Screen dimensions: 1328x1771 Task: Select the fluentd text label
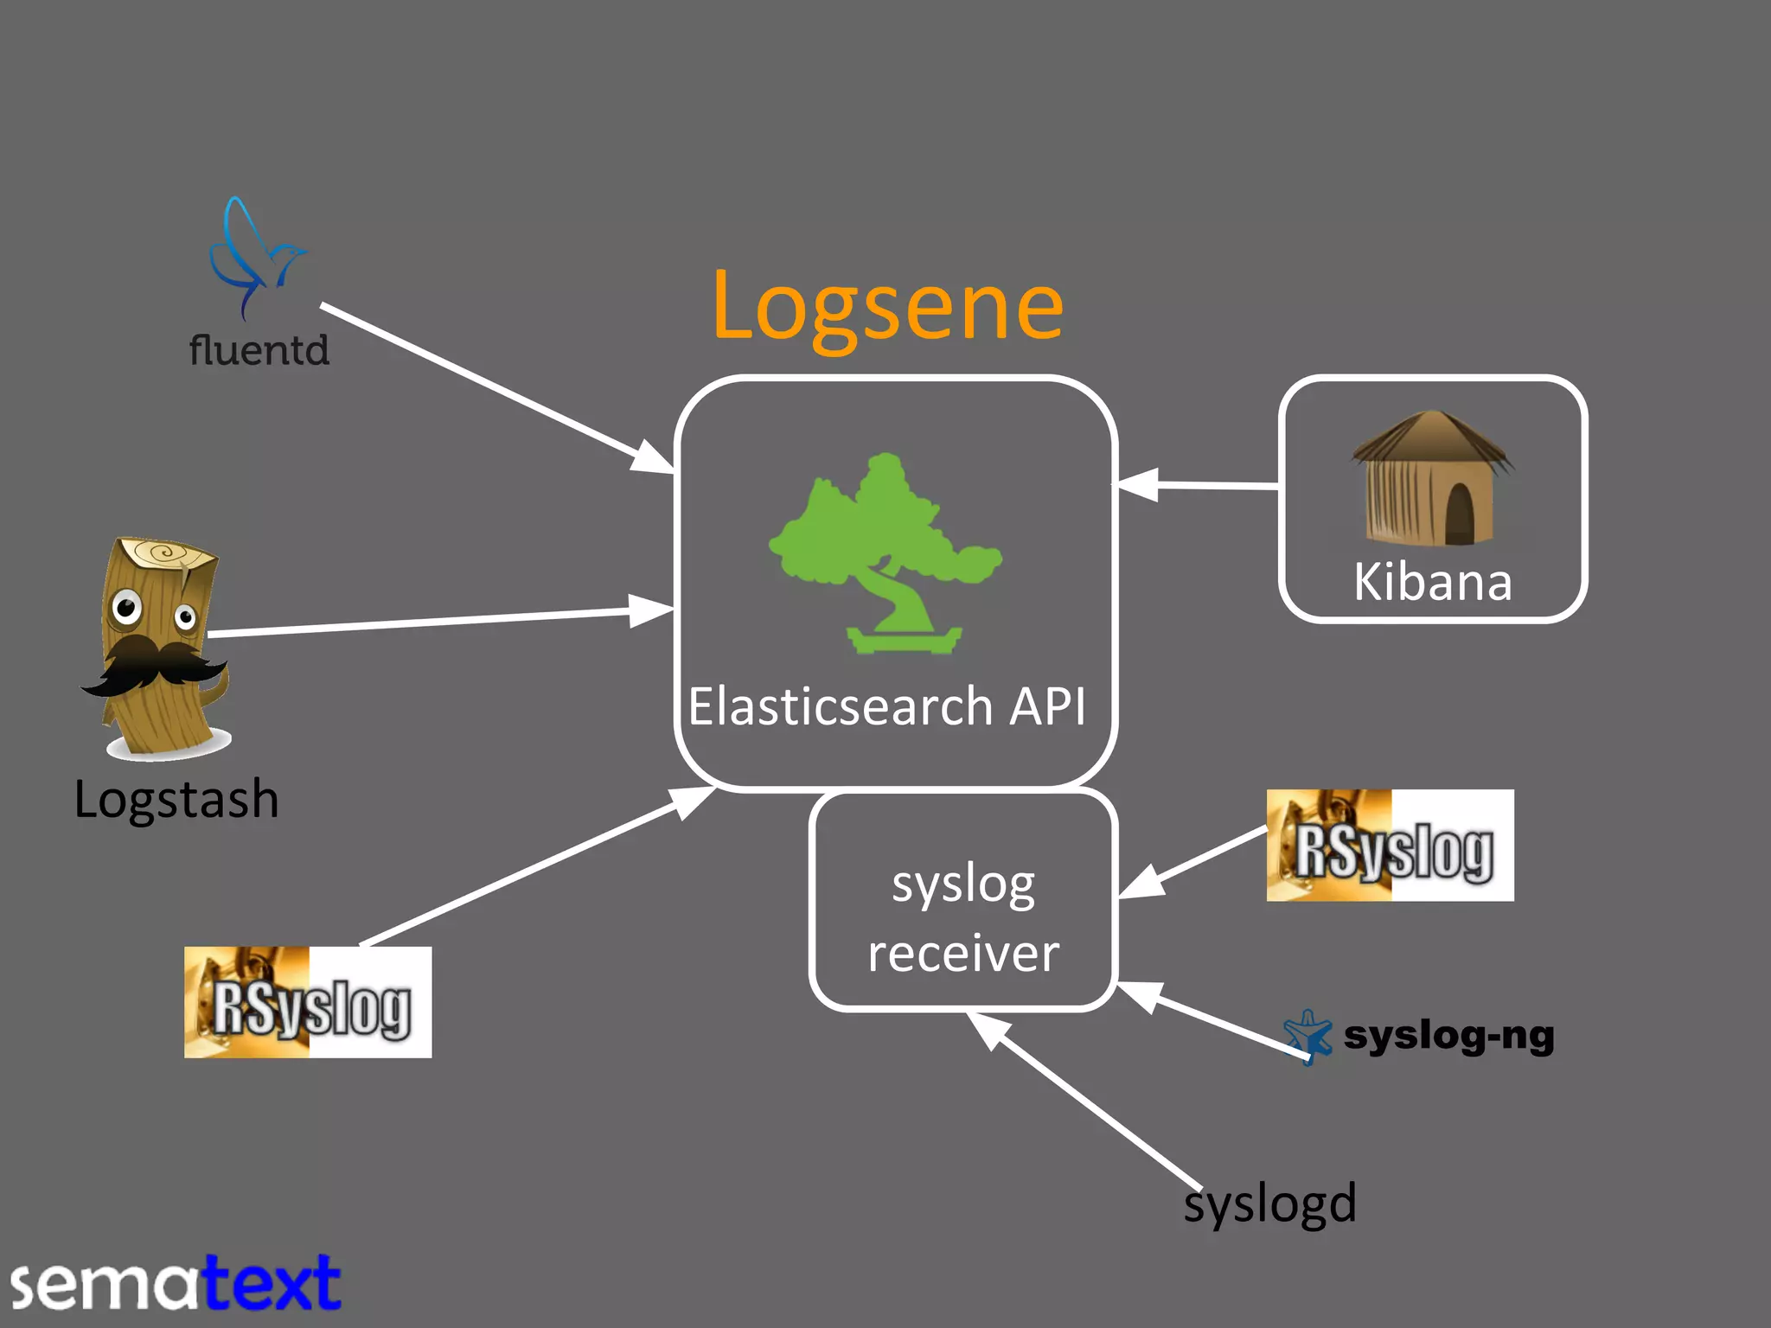[259, 351]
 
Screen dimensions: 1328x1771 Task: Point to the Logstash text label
[176, 799]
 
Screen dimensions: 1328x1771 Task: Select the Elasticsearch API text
[887, 706]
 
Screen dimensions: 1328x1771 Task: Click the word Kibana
[1433, 582]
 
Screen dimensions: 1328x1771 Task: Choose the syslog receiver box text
[963, 918]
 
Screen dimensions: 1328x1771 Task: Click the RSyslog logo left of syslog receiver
[308, 1002]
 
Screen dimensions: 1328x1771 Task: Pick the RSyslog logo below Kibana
[1390, 846]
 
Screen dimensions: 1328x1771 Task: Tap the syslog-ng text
[1448, 1035]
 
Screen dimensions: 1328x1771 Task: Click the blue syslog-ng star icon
[1307, 1036]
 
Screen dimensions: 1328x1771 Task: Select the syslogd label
[1269, 1203]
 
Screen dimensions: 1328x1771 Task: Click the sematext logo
[176, 1285]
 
